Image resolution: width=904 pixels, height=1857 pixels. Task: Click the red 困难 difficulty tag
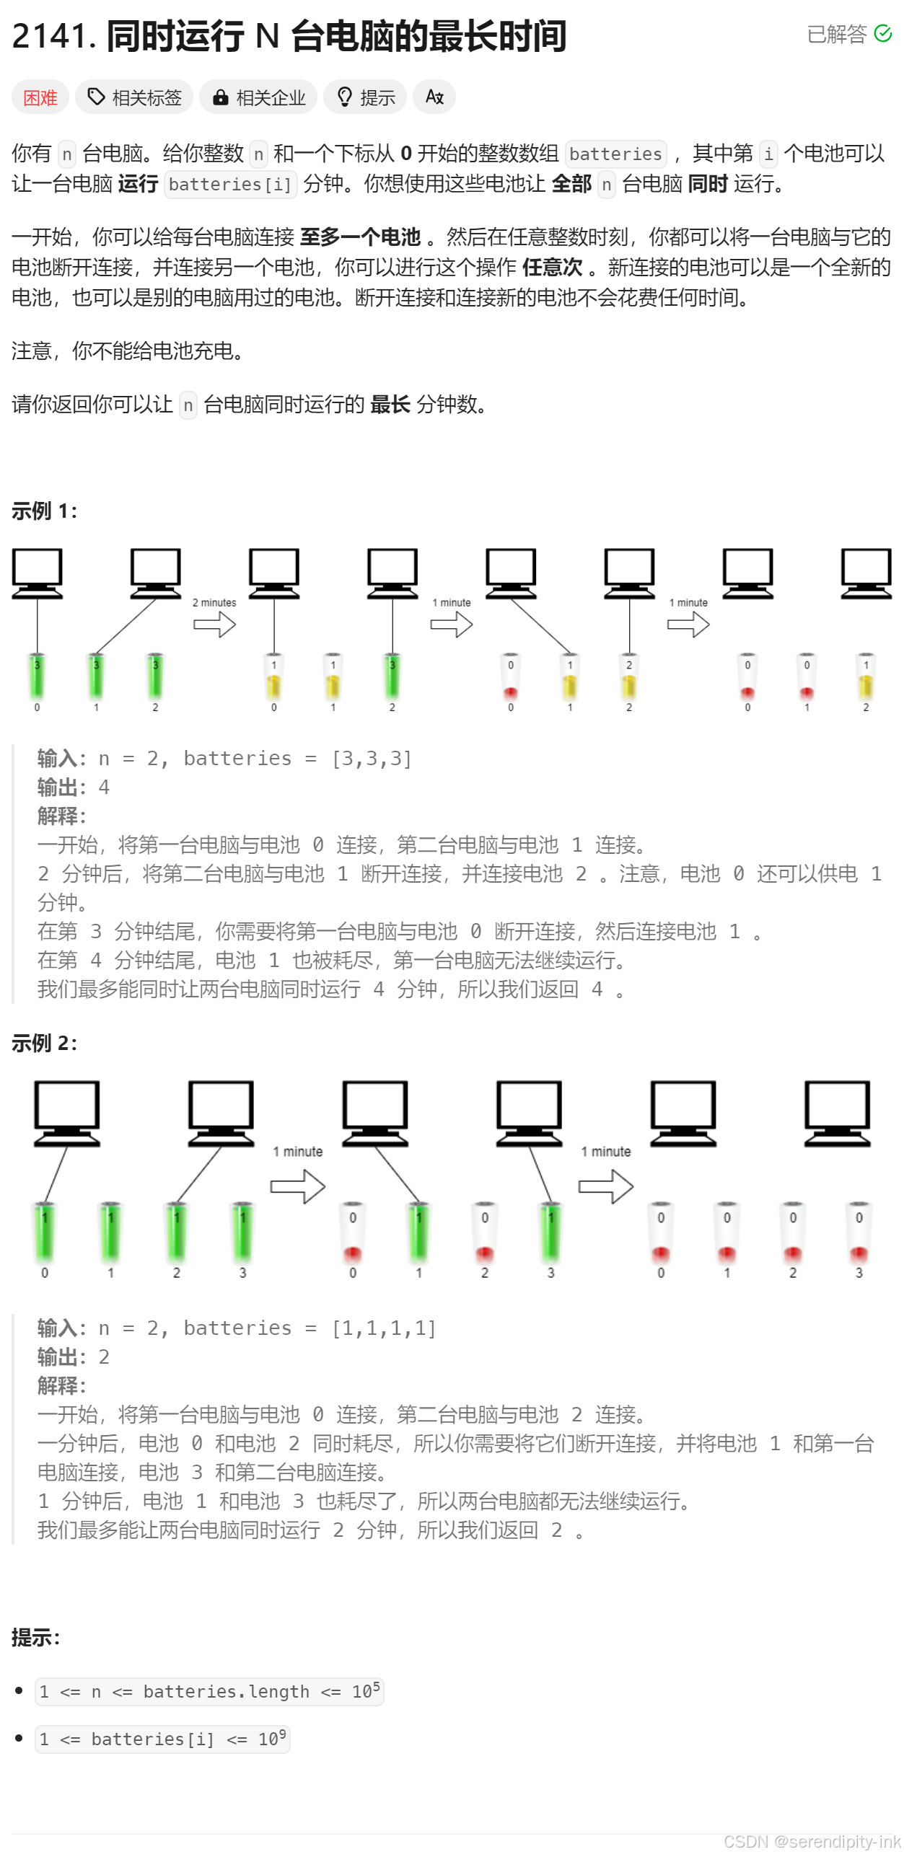point(40,97)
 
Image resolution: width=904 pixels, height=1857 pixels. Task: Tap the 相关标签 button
point(134,97)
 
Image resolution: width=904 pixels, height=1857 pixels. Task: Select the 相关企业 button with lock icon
point(260,97)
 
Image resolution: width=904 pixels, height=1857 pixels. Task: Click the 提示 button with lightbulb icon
point(366,97)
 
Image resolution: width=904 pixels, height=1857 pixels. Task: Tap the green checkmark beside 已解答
point(882,34)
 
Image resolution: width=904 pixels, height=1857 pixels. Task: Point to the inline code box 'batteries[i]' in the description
point(230,185)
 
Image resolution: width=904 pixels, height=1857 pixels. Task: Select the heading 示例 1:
point(44,511)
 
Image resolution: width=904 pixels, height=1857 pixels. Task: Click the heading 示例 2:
point(44,1043)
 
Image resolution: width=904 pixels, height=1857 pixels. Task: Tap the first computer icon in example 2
point(67,1113)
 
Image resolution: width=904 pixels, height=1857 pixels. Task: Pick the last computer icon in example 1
point(866,573)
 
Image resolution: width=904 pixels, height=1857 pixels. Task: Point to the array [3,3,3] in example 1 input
point(371,759)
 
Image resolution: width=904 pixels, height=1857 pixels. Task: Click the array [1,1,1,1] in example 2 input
point(383,1328)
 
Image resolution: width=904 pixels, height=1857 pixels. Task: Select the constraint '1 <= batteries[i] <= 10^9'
point(162,1739)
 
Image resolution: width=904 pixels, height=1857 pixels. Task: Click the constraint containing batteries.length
point(209,1692)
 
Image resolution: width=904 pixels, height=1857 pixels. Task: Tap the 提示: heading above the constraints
point(35,1638)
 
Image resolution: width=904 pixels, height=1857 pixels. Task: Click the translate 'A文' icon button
point(434,97)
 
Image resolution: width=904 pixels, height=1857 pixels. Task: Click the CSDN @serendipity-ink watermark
point(812,1842)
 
